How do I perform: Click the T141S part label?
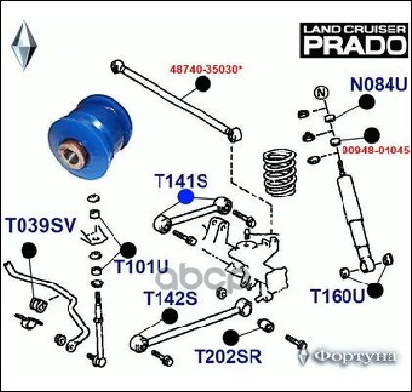point(181,181)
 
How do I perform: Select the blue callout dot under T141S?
point(186,196)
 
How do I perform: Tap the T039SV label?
point(41,225)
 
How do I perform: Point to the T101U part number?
point(142,266)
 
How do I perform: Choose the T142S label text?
point(170,298)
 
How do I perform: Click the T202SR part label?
point(228,356)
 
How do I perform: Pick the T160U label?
point(337,296)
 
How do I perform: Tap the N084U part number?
point(379,84)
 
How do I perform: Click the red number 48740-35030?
point(207,69)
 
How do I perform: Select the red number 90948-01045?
point(376,150)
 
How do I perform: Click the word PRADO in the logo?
point(354,45)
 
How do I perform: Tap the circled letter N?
point(321,93)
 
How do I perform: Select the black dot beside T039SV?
point(29,251)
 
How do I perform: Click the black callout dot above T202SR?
point(231,337)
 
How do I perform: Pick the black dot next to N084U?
point(367,102)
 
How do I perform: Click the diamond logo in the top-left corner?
point(23,46)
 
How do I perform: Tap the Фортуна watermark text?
point(355,357)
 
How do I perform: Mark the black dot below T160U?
point(375,290)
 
